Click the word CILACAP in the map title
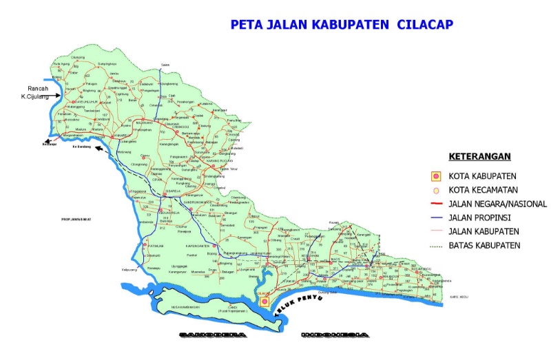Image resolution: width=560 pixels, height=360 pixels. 422,25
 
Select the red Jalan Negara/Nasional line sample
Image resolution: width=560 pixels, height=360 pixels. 435,204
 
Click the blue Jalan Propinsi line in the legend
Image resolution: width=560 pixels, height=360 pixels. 435,218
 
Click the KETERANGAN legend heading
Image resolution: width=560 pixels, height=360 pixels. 476,156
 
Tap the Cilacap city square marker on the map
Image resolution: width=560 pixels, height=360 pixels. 264,301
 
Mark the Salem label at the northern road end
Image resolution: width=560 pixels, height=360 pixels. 165,64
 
